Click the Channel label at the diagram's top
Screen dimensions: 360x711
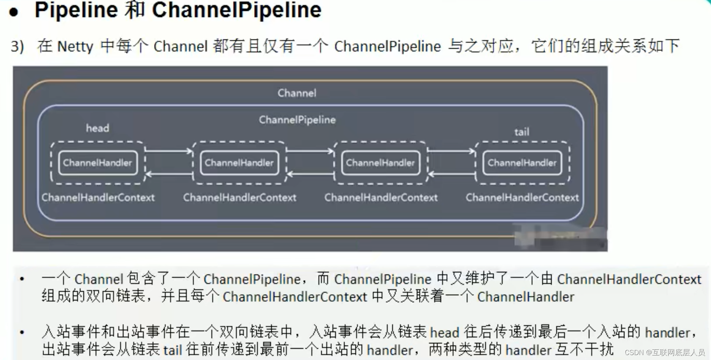[297, 93]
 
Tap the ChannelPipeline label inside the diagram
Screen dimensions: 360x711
[297, 120]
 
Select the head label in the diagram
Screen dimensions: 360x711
[97, 128]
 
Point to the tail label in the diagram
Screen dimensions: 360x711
[521, 132]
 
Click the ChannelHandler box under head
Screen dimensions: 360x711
[98, 163]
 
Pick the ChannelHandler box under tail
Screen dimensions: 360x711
[522, 163]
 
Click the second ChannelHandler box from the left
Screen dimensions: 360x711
[239, 163]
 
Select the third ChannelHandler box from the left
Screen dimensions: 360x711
[380, 163]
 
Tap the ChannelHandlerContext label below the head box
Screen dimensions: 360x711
[98, 197]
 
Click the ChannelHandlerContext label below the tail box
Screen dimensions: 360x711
[522, 197]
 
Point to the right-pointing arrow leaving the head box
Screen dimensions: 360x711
[169, 151]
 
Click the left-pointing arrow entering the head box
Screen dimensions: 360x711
[169, 174]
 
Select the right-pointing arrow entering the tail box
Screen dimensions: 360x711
[451, 151]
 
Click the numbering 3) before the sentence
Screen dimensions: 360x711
[17, 47]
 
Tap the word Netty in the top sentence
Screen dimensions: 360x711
[75, 47]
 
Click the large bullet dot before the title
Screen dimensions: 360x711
[14, 12]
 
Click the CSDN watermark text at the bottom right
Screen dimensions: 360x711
[664, 353]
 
